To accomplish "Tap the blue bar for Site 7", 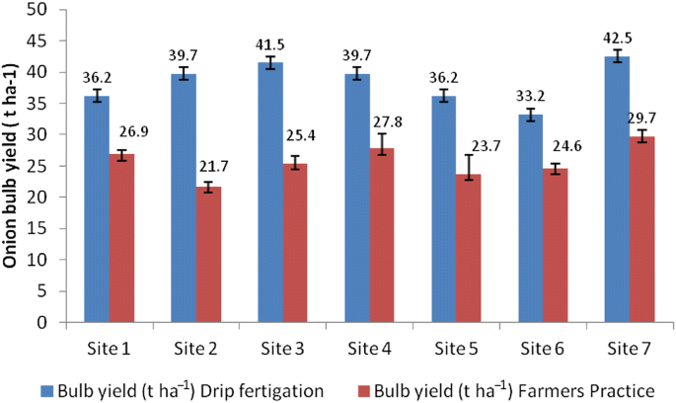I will (x=617, y=189).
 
